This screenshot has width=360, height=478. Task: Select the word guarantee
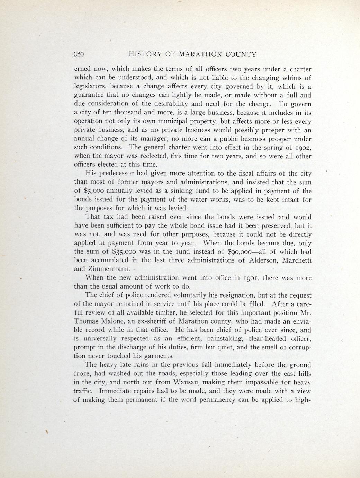point(89,95)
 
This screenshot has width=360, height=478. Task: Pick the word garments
point(157,356)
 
